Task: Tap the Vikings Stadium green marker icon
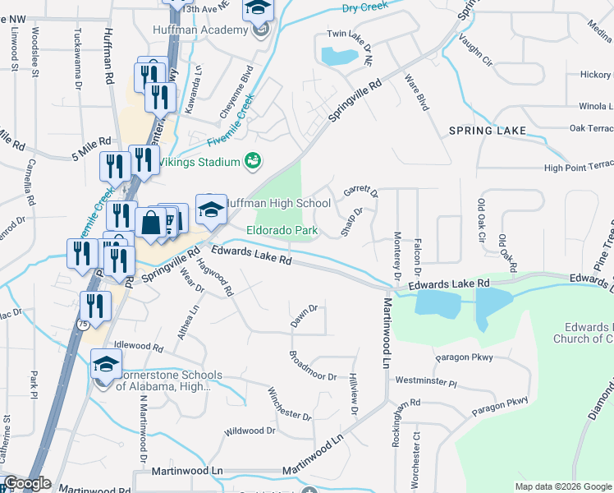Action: pos(253,161)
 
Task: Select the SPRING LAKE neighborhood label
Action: pos(488,131)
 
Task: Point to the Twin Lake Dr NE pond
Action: pos(337,56)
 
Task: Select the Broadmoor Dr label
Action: pos(312,366)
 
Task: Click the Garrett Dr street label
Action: pos(360,191)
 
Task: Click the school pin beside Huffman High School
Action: pos(211,210)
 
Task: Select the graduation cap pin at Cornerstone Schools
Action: pos(106,364)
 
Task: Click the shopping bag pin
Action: pos(152,222)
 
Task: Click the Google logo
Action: pos(28,483)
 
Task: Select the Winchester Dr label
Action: pos(289,403)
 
